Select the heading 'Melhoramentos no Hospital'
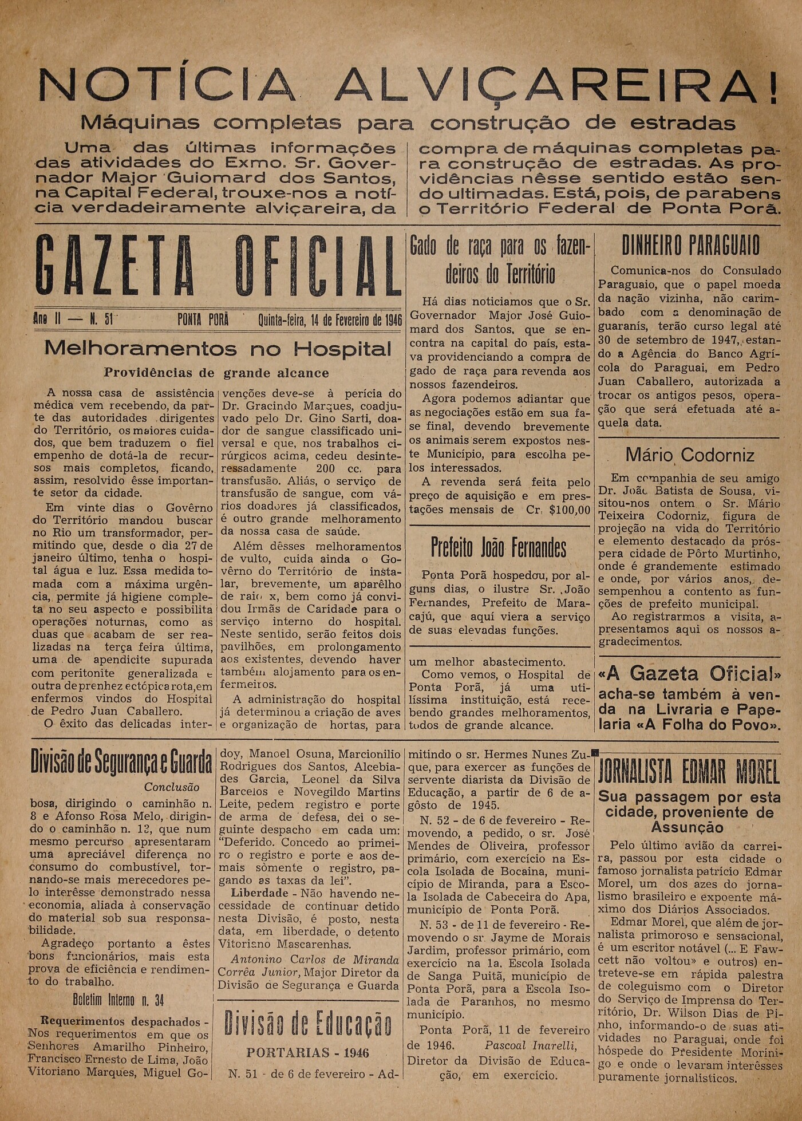[x=218, y=349]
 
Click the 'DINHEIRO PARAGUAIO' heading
[x=690, y=246]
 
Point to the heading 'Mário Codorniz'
[x=690, y=455]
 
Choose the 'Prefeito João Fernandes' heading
[x=499, y=548]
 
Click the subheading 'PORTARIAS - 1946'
[x=308, y=1053]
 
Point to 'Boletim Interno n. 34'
[x=118, y=1001]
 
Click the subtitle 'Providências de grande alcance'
[x=216, y=373]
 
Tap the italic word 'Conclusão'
[x=172, y=787]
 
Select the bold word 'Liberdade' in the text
[x=259, y=893]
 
